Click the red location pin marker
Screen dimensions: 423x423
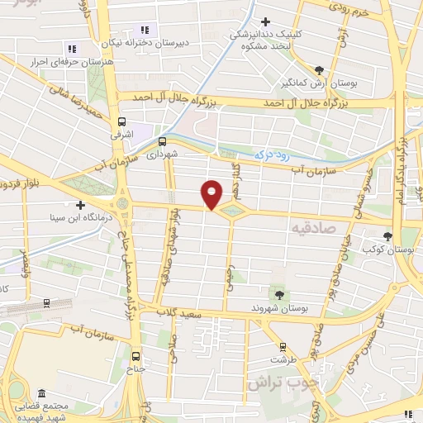pyautogui.click(x=213, y=193)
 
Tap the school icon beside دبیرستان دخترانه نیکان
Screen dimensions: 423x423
pyautogui.click(x=145, y=30)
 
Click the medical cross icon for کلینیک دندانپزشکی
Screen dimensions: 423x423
pyautogui.click(x=265, y=21)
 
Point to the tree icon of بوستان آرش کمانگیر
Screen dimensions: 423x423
pyautogui.click(x=320, y=70)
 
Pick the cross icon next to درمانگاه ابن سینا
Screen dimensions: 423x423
pyautogui.click(x=80, y=205)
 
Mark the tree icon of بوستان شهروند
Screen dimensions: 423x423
pyautogui.click(x=279, y=294)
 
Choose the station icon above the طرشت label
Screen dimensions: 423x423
pyautogui.click(x=283, y=348)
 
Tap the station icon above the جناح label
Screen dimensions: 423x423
pyautogui.click(x=136, y=357)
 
